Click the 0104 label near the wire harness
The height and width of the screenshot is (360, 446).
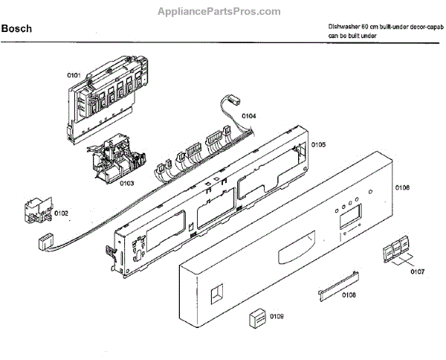pyautogui.click(x=249, y=116)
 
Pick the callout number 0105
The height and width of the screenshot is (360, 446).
pyautogui.click(x=318, y=144)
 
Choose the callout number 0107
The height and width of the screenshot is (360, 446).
pyautogui.click(x=417, y=271)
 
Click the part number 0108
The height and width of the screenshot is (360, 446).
pyautogui.click(x=348, y=295)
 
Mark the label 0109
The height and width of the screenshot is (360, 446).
pyautogui.click(x=277, y=318)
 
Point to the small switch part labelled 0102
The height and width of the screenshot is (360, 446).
pyautogui.click(x=37, y=209)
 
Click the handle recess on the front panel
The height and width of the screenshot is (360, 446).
pyautogui.click(x=293, y=254)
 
